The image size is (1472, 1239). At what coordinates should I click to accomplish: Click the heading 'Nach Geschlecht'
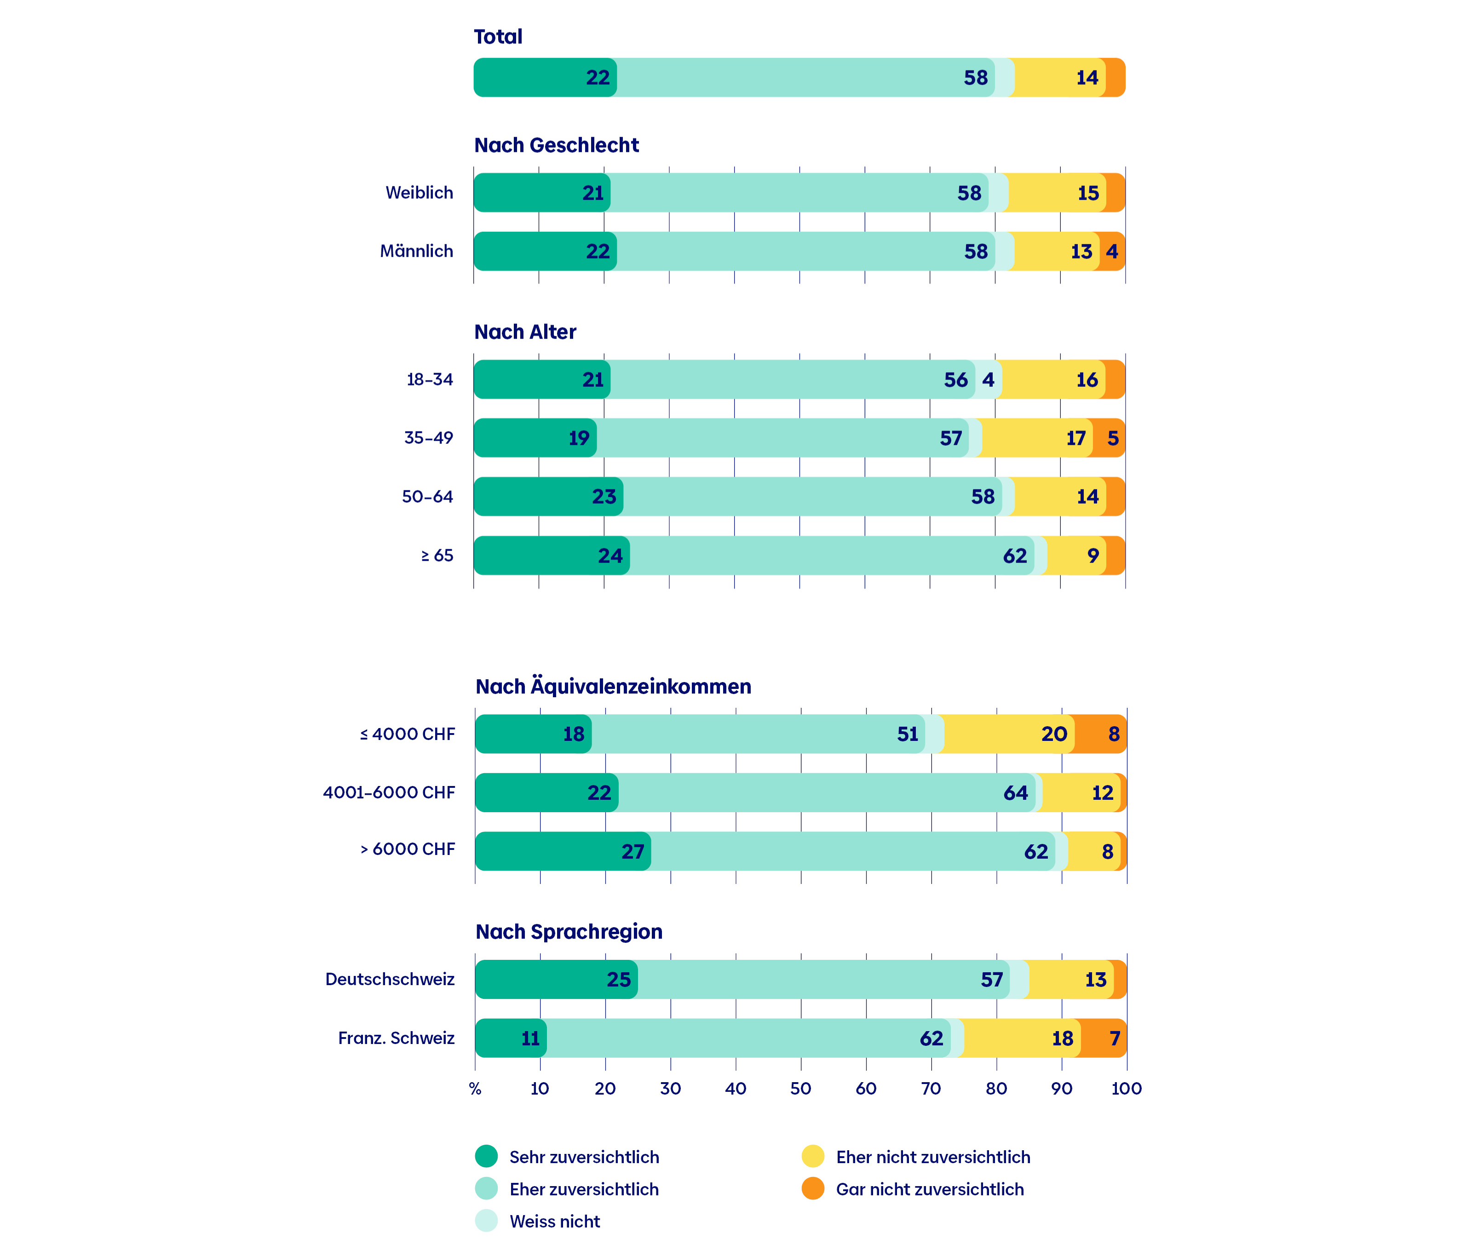point(557,145)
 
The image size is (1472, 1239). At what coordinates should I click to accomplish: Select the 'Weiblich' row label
point(420,192)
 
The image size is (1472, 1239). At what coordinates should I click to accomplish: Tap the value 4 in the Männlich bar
point(1111,252)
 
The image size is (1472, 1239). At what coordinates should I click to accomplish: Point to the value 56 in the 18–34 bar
point(955,380)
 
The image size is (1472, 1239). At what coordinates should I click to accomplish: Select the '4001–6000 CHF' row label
point(389,792)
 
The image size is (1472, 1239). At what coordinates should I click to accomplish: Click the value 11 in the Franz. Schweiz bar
point(530,1038)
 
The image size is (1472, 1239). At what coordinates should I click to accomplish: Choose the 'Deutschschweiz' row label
point(390,979)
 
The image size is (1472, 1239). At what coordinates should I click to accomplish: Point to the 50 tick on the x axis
point(800,1089)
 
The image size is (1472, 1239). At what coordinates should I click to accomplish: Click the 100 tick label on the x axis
point(1126,1089)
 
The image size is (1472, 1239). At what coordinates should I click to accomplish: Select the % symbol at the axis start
point(475,1089)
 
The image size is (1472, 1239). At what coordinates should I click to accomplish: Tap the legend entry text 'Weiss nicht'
point(555,1222)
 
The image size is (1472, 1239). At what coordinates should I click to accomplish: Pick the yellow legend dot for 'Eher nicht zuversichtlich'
point(813,1156)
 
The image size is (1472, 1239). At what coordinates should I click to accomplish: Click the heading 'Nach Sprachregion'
point(569,931)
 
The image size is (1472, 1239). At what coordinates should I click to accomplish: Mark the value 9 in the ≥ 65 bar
point(1093,556)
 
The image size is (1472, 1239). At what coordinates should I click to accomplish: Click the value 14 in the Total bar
point(1087,77)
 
